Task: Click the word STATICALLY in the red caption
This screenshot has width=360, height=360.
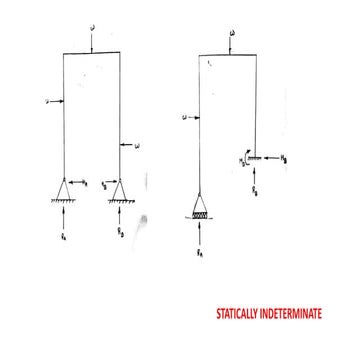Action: pos(243,312)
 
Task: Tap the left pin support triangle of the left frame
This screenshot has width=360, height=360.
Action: pos(64,188)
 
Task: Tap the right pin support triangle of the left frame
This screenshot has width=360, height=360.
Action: pos(121,189)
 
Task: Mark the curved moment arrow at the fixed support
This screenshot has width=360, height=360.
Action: pos(244,158)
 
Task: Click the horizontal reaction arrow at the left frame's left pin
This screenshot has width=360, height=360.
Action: pos(78,181)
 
